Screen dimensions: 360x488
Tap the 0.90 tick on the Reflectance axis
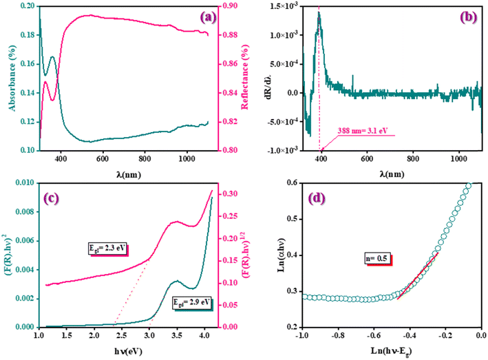(x=229, y=6)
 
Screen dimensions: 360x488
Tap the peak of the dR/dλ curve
(x=319, y=12)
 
